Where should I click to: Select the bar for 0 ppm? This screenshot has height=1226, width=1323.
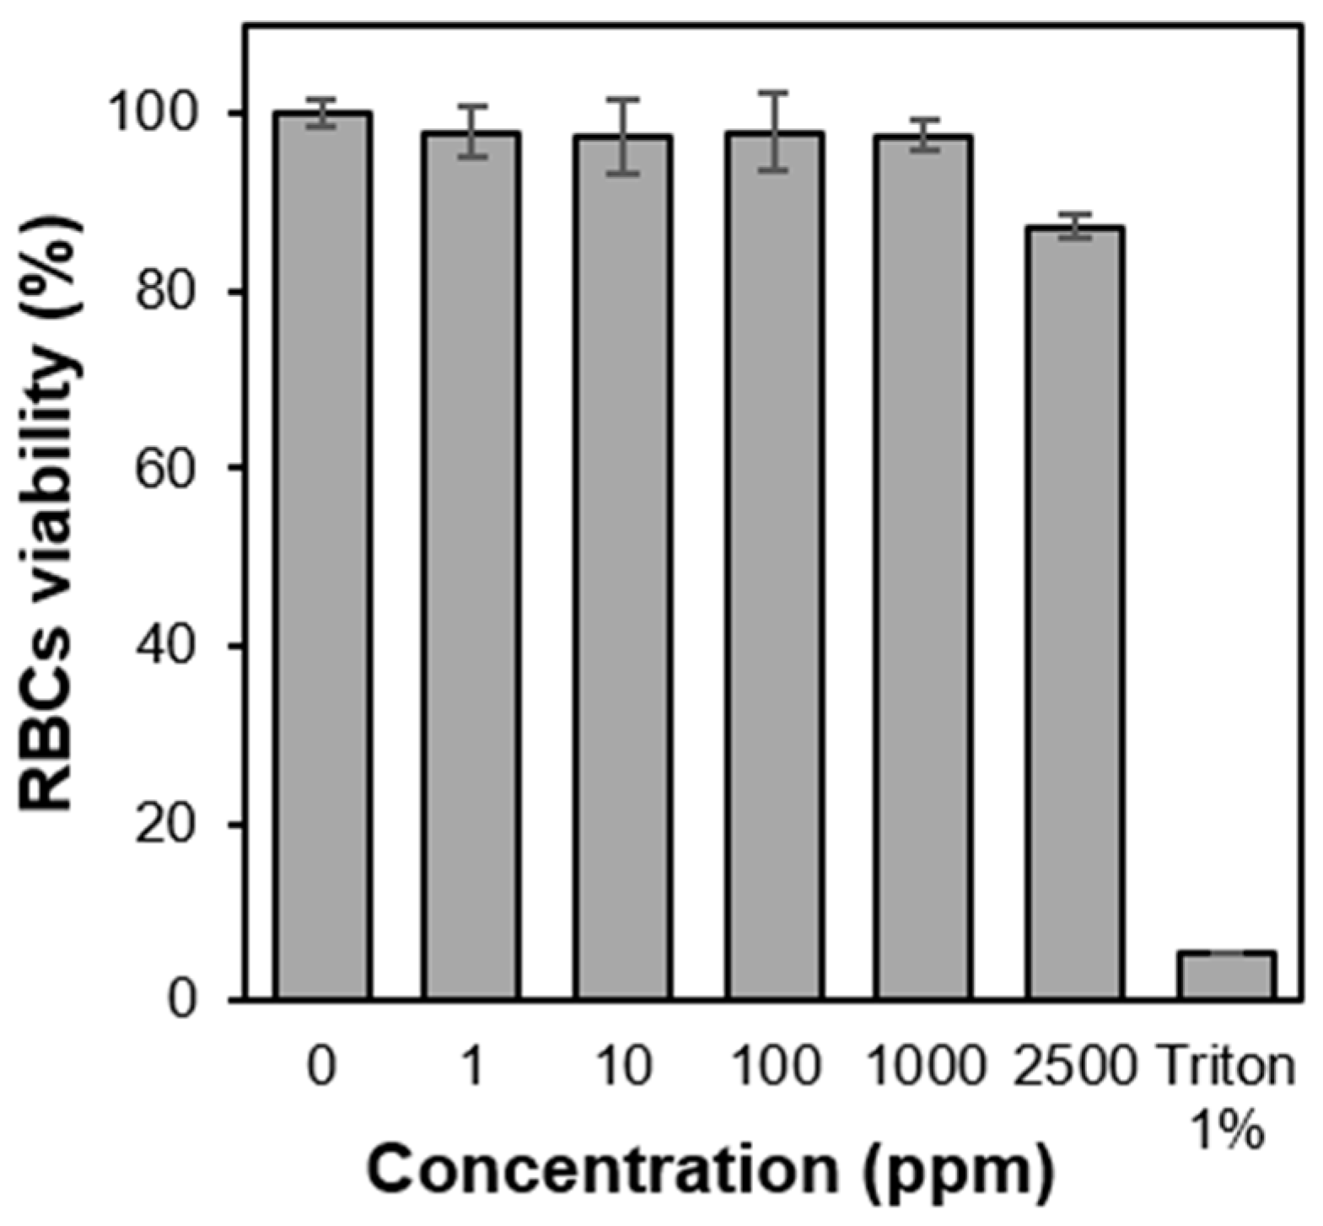321,557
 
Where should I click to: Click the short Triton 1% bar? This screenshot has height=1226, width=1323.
1227,976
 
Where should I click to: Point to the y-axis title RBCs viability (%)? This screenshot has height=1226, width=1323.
51,514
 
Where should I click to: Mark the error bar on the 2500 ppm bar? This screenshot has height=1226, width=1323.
1075,225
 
